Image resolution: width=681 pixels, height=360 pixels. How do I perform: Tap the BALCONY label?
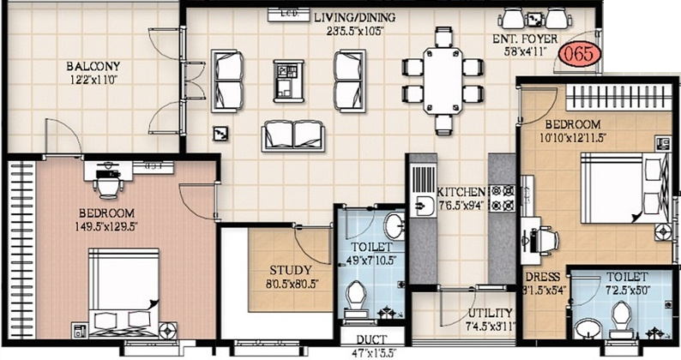pos(95,65)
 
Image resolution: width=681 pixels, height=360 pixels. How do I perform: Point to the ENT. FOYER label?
pos(525,39)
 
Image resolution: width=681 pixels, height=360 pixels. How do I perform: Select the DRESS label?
pos(542,278)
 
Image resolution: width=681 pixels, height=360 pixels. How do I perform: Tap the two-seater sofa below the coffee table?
pos(293,135)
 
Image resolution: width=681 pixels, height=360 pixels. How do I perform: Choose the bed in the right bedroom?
pos(617,187)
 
